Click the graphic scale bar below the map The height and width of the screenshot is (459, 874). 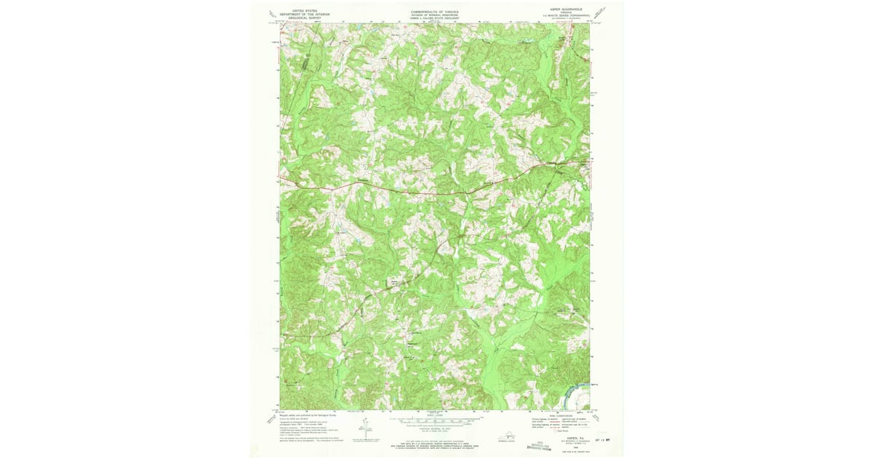(x=436, y=420)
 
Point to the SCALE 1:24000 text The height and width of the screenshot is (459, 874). (x=436, y=415)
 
